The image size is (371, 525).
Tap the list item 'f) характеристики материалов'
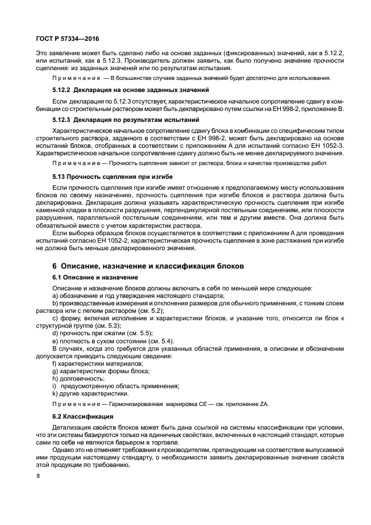click(x=93, y=363)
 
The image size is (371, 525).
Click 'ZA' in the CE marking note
click(x=264, y=405)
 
